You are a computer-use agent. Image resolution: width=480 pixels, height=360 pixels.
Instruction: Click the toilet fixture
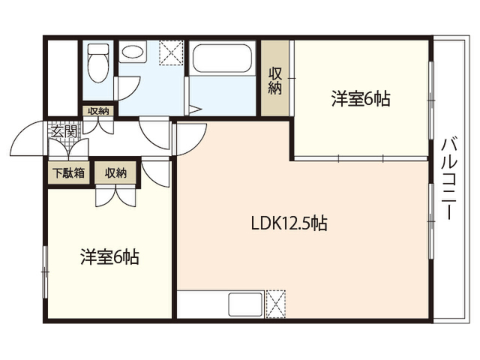[98, 63]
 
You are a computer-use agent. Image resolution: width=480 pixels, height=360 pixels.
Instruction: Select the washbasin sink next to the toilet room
[133, 52]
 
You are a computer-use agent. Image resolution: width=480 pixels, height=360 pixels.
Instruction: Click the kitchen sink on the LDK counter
[245, 304]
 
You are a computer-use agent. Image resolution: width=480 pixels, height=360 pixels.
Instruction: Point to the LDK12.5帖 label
[289, 223]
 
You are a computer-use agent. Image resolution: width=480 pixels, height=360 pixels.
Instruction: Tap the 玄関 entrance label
[64, 131]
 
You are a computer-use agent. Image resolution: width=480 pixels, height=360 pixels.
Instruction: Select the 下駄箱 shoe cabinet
[68, 173]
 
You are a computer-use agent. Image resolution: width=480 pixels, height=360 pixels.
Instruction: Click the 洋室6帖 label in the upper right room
[361, 99]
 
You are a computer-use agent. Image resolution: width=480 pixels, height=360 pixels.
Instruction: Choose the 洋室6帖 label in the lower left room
[110, 256]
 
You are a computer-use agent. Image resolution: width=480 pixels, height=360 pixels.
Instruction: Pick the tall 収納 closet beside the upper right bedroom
[275, 78]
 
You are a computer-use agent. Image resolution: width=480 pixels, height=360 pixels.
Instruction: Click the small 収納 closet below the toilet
[98, 111]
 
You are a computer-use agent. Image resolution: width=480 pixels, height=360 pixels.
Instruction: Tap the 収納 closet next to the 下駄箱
[115, 173]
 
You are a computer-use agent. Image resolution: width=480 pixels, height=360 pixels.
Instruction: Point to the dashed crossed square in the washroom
[171, 52]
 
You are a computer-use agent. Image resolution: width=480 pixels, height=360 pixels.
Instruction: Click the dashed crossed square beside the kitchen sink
[275, 304]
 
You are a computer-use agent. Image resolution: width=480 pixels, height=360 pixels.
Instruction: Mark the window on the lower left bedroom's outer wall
[45, 272]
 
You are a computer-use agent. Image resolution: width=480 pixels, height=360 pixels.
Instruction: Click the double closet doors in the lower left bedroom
[115, 196]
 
